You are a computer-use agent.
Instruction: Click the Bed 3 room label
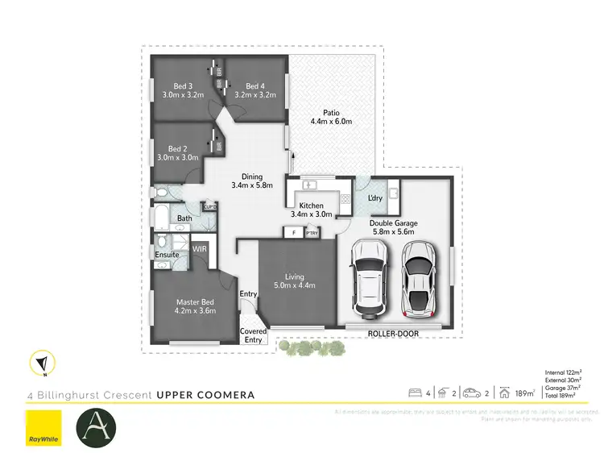(x=183, y=86)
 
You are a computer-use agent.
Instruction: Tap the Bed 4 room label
(x=255, y=86)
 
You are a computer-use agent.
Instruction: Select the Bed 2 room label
(x=178, y=148)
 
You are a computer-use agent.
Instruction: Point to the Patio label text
(x=332, y=113)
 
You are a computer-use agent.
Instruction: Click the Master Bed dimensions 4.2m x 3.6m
(x=196, y=310)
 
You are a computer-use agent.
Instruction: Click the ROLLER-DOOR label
(x=391, y=332)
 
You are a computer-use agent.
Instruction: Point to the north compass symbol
(x=41, y=364)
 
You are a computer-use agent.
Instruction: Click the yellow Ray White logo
(x=44, y=427)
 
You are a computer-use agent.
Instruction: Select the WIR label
(x=200, y=249)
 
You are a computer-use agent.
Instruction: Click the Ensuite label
(x=167, y=256)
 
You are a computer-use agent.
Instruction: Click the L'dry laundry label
(x=375, y=197)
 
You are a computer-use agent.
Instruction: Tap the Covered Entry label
(x=253, y=335)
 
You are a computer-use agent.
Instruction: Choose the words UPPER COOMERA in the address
(x=205, y=395)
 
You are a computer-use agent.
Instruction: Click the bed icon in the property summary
(x=416, y=393)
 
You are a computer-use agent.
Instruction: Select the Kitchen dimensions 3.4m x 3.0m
(x=312, y=214)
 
